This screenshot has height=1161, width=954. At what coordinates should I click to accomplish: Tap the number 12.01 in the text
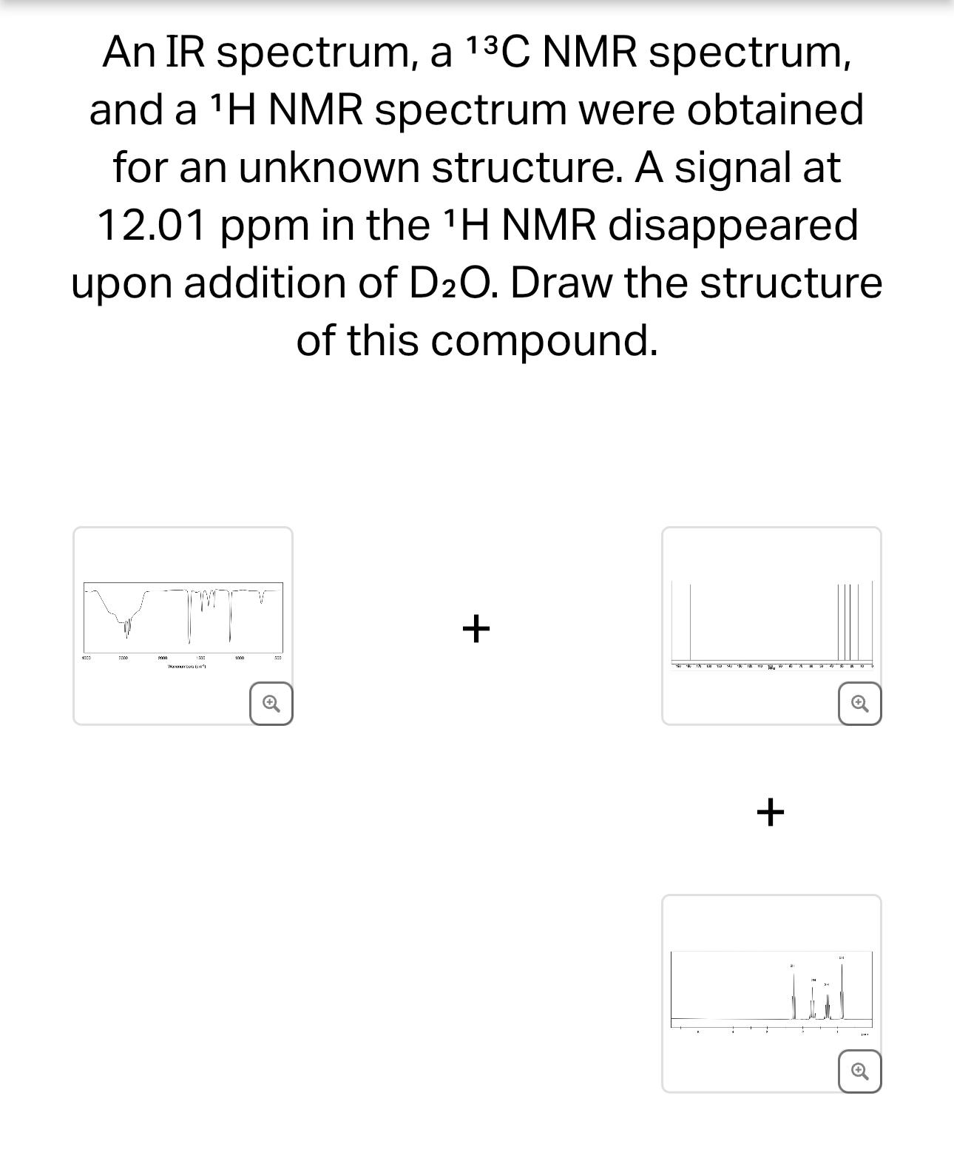(151, 225)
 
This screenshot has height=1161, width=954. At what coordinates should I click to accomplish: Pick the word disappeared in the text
(733, 225)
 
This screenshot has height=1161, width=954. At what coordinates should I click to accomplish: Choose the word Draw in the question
(561, 283)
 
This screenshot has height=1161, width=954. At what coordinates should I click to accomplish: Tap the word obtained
(775, 110)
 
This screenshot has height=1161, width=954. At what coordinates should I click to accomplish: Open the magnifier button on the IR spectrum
(271, 704)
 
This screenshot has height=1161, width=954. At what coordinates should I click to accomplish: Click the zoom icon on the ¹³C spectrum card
(859, 704)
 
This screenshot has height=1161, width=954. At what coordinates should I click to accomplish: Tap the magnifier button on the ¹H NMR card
(859, 1071)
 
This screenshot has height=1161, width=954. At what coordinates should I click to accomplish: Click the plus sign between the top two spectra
(476, 628)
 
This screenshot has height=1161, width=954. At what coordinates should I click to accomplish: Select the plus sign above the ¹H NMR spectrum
(770, 812)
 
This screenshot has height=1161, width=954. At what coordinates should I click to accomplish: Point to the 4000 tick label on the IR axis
(86, 658)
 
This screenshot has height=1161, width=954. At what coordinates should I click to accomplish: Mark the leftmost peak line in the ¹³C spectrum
(690, 622)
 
